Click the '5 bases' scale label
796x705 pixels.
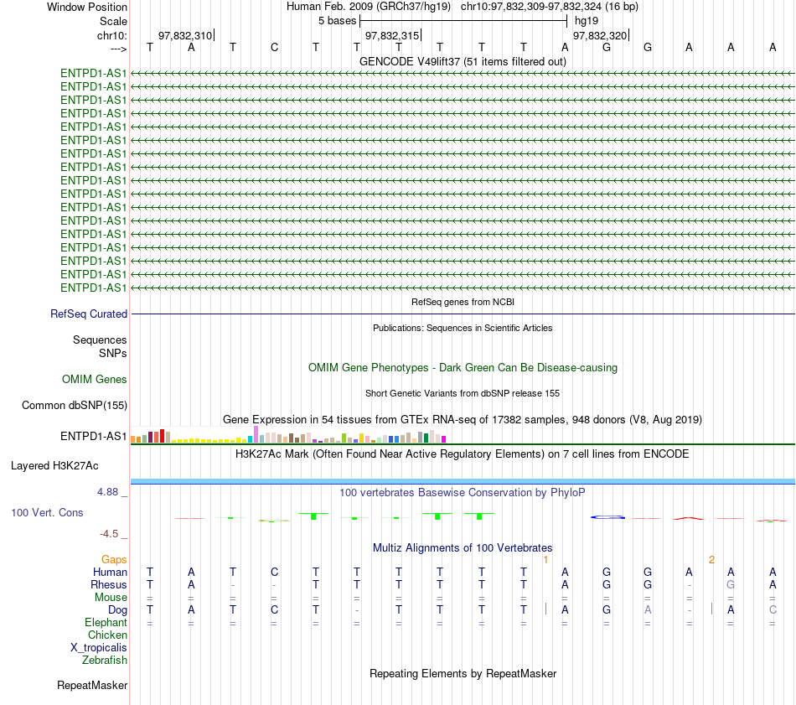pyautogui.click(x=337, y=21)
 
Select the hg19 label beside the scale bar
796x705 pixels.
pyautogui.click(x=587, y=21)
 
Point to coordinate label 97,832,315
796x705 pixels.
pyautogui.click(x=392, y=35)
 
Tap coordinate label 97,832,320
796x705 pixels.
pyautogui.click(x=600, y=35)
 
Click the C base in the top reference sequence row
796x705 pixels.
pyautogui.click(x=274, y=47)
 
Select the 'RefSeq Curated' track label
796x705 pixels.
pyautogui.click(x=89, y=314)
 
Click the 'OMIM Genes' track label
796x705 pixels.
pyautogui.click(x=95, y=380)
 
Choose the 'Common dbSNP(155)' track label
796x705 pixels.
pyautogui.click(x=74, y=406)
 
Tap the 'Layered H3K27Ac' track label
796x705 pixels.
pyautogui.click(x=54, y=466)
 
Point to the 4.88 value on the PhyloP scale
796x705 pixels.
pyautogui.click(x=107, y=492)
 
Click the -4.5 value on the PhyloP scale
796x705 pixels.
pyautogui.click(x=109, y=534)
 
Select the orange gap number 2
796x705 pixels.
pyautogui.click(x=711, y=560)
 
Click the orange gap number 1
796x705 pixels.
pyautogui.click(x=545, y=560)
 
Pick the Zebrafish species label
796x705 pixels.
pyautogui.click(x=105, y=661)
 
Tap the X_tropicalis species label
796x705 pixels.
pyautogui.click(x=99, y=648)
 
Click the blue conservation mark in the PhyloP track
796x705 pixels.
pyautogui.click(x=607, y=517)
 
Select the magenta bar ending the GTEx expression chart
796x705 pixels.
pyautogui.click(x=444, y=439)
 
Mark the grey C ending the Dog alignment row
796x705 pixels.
pyautogui.click(x=773, y=609)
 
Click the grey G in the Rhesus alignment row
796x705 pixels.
pyautogui.click(x=731, y=584)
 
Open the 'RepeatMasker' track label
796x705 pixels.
pyautogui.click(x=92, y=685)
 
